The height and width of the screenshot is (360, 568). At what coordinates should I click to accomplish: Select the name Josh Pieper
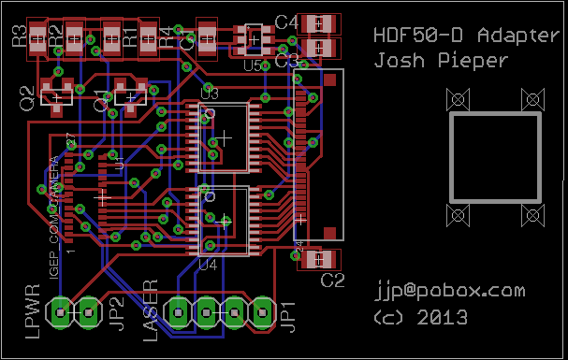tap(441, 62)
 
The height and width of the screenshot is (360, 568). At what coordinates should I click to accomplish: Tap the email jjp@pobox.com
tap(449, 291)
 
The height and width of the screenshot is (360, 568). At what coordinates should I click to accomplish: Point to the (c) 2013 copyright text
tap(420, 317)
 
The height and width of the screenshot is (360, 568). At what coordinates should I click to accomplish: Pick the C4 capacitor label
tap(286, 22)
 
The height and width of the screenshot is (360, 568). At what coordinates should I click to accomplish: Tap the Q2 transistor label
tap(27, 96)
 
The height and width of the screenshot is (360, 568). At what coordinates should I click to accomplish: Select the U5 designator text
tap(252, 65)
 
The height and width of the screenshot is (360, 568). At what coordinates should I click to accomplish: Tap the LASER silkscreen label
tap(150, 310)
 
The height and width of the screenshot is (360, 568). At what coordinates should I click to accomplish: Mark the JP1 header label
tap(289, 316)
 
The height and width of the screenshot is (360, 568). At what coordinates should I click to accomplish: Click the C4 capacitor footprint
tap(320, 22)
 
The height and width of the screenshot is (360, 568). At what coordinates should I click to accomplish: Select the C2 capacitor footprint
tap(319, 257)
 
